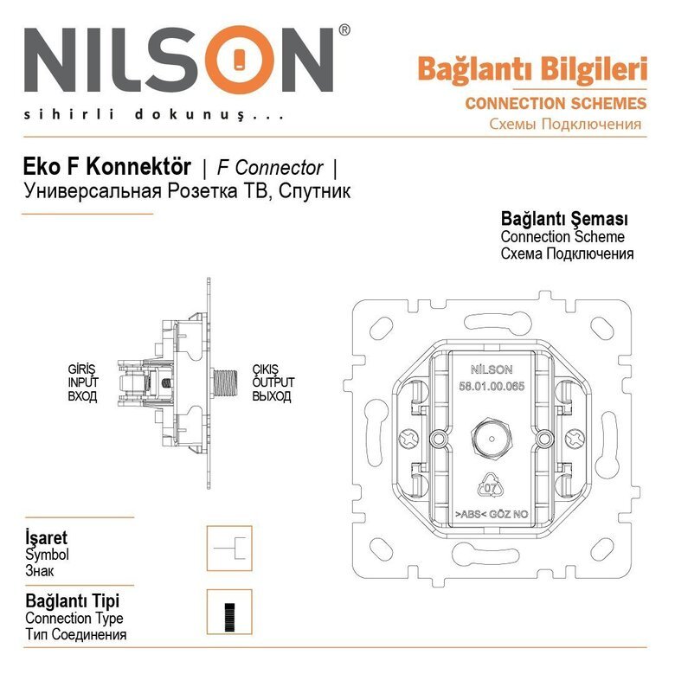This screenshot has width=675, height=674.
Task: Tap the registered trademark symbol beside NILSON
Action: pos(344,30)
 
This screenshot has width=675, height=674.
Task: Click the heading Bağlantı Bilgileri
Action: pos(531,67)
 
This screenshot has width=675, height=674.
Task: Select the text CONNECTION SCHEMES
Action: pos(555,104)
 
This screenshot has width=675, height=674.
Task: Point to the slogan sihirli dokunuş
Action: pos(153,114)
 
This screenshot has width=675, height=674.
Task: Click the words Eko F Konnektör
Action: pos(106,168)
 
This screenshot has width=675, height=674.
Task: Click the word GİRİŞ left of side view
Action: pos(81,369)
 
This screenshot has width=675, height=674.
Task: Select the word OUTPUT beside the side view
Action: pos(273,382)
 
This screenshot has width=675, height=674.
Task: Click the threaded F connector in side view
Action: pos(228,382)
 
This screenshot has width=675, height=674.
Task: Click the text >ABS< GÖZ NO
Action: pos(492,513)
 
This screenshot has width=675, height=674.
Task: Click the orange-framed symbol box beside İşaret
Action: pos(229,548)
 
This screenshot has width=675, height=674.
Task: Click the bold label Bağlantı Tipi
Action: pos(73,600)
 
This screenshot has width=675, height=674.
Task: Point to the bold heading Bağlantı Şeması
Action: pos(564,218)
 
